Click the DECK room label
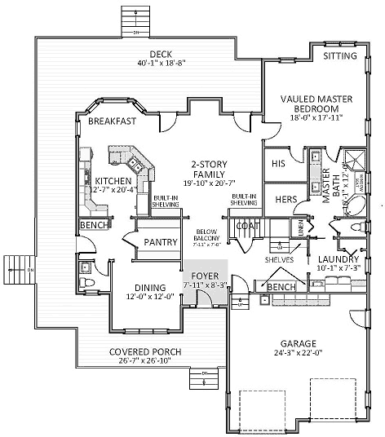click(153, 55)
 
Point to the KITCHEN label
click(113, 181)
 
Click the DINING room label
click(146, 288)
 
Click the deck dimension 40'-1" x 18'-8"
click(153, 64)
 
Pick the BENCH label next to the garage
click(281, 288)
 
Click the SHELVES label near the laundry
click(279, 260)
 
